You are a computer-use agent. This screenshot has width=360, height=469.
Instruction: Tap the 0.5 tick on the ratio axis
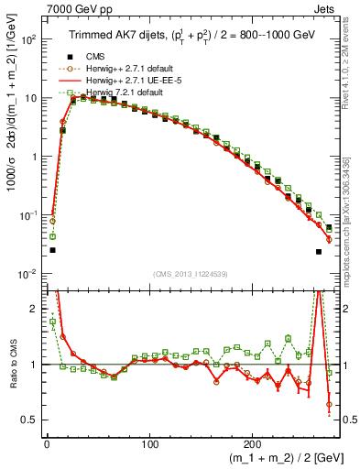[x=30, y=420]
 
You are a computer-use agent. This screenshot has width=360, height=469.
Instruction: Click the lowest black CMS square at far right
[x=319, y=252]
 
